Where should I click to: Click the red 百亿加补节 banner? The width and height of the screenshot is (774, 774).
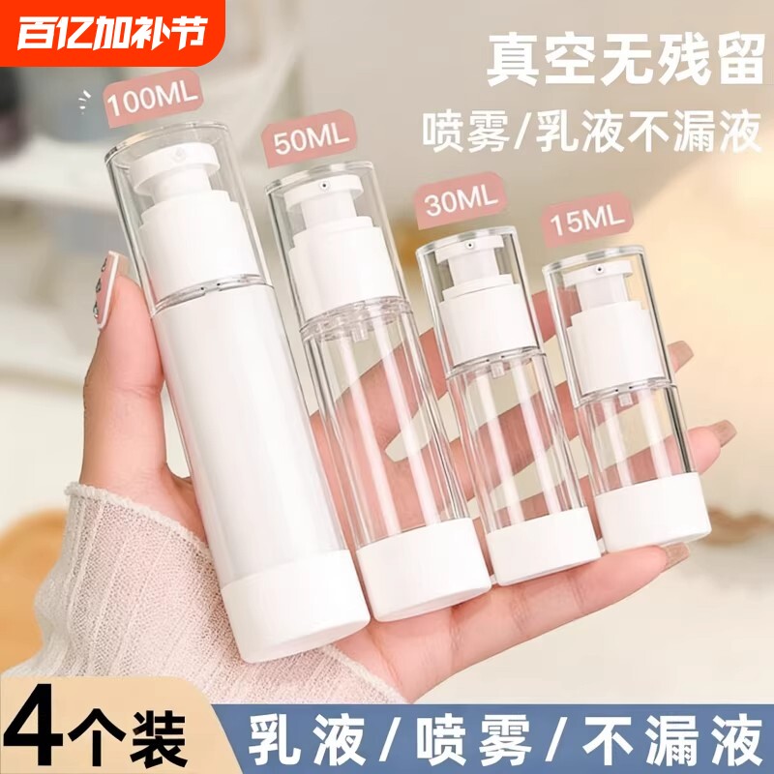pyautogui.click(x=115, y=33)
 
